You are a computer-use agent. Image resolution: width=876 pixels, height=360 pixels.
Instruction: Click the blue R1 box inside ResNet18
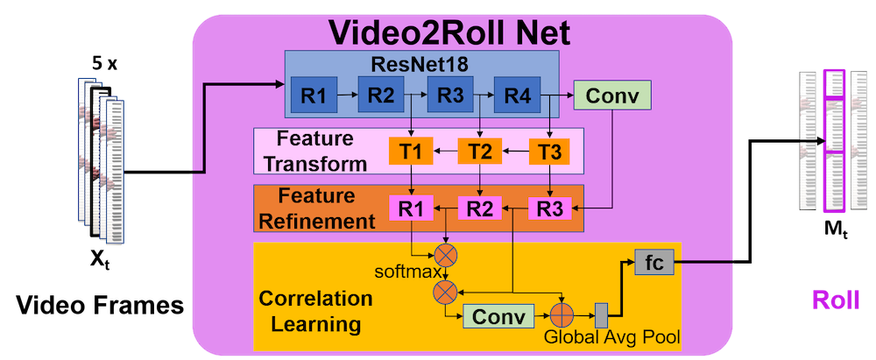tap(314, 94)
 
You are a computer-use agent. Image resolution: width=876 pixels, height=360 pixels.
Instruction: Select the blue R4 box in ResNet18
tap(518, 94)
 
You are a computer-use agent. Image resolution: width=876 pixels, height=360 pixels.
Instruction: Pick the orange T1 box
tap(412, 151)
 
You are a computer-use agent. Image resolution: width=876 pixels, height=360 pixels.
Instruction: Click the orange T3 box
tap(550, 151)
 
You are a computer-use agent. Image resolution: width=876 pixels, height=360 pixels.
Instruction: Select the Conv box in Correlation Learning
tap(499, 316)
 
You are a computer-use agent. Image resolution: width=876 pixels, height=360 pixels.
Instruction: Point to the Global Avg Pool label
tap(611, 337)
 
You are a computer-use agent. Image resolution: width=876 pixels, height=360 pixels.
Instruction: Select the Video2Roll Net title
tap(449, 33)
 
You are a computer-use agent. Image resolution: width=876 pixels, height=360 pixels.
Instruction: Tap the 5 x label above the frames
tap(104, 64)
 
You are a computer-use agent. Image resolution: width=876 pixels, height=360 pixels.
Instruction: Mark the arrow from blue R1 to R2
tap(348, 94)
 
